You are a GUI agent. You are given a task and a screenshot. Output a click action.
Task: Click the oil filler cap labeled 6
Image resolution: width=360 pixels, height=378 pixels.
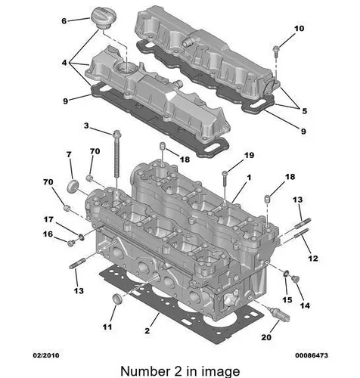[101, 18]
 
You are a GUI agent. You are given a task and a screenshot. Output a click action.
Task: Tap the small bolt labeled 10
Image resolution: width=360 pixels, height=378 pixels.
[276, 51]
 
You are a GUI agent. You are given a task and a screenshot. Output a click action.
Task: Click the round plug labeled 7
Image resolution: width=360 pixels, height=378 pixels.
[73, 186]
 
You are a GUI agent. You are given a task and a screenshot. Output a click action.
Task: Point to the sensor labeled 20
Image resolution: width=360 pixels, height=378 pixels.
[280, 314]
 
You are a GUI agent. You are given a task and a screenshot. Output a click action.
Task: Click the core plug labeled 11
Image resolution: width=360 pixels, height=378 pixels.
[117, 299]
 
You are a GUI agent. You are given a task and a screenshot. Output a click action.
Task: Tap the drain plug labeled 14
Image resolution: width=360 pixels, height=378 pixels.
[295, 279]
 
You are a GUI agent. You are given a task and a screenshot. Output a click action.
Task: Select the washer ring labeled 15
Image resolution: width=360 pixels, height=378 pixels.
[286, 274]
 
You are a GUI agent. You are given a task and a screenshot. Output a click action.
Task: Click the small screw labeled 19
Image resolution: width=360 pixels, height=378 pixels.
[225, 180]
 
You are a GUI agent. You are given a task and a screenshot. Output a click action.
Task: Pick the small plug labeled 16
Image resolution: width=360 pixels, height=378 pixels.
[71, 243]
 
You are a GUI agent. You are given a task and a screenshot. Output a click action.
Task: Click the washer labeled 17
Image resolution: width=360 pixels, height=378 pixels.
[81, 237]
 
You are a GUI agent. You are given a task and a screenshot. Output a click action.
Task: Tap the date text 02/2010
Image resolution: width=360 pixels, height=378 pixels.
[46, 355]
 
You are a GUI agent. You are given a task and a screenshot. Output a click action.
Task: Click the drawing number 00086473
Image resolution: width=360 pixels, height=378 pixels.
[312, 355]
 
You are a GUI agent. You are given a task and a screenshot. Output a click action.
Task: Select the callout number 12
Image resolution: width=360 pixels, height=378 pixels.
[313, 259]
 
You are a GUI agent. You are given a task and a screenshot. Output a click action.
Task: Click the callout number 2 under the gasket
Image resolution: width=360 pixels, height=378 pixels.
[147, 330]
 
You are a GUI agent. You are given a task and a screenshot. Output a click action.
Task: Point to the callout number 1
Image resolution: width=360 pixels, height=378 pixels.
[249, 178]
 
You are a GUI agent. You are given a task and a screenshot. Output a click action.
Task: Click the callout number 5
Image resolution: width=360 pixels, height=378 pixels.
[305, 110]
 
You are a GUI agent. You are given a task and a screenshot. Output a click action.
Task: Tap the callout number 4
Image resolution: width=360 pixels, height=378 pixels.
[64, 63]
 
